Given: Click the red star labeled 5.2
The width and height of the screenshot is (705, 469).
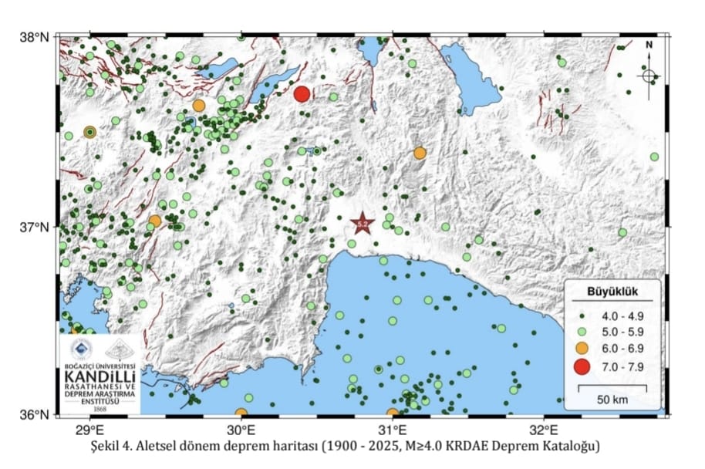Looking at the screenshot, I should (x=363, y=224).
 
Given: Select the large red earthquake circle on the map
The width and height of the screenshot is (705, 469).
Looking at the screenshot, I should (x=302, y=94).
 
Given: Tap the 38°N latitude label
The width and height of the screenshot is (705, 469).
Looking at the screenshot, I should (x=34, y=37).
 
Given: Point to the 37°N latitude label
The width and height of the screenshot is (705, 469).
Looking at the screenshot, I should (x=34, y=227).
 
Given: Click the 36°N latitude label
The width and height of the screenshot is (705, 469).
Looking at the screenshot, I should (x=34, y=414).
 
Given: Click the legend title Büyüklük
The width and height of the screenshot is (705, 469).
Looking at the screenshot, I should (x=610, y=292).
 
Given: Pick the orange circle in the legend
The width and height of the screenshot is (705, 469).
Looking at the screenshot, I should (x=582, y=349).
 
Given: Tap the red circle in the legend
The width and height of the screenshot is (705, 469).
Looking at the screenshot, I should (x=582, y=366).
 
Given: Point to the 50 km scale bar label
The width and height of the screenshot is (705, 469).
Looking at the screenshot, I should (x=612, y=400).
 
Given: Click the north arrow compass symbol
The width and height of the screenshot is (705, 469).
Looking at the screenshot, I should (x=649, y=75).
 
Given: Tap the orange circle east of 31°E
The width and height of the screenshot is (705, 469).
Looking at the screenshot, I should (x=420, y=154).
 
